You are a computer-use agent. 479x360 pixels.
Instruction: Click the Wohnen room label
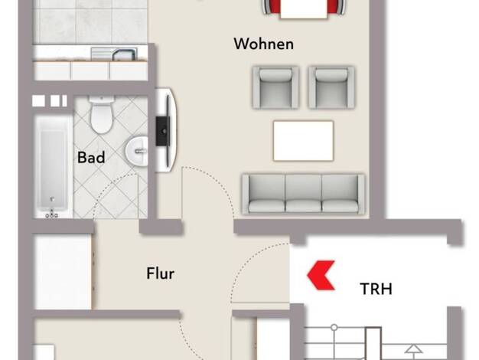[x=264, y=44]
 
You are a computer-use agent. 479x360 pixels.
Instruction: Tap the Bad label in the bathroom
[x=91, y=158]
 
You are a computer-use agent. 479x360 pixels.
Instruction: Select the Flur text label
[x=161, y=273]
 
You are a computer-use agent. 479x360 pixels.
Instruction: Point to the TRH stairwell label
[x=376, y=289]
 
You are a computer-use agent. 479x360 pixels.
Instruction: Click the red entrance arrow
[x=321, y=275]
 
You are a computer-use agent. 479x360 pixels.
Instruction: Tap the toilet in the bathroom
[x=102, y=115]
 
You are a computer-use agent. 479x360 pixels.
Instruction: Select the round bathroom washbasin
[x=137, y=152]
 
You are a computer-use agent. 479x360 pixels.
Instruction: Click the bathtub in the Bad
[x=53, y=167]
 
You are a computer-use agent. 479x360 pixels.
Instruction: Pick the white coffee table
[x=303, y=141]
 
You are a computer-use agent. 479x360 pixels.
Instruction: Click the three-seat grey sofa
[x=303, y=194]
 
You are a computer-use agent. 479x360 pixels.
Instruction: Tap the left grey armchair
[x=275, y=88]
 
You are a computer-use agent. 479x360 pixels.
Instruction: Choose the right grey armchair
[x=331, y=88]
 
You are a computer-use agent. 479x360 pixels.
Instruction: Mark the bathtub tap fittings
[x=52, y=214]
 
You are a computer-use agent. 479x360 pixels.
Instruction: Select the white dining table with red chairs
[x=304, y=9]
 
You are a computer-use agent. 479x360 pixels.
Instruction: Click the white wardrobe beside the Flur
[x=64, y=272]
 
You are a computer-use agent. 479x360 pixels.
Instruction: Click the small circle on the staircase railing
[x=334, y=327]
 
